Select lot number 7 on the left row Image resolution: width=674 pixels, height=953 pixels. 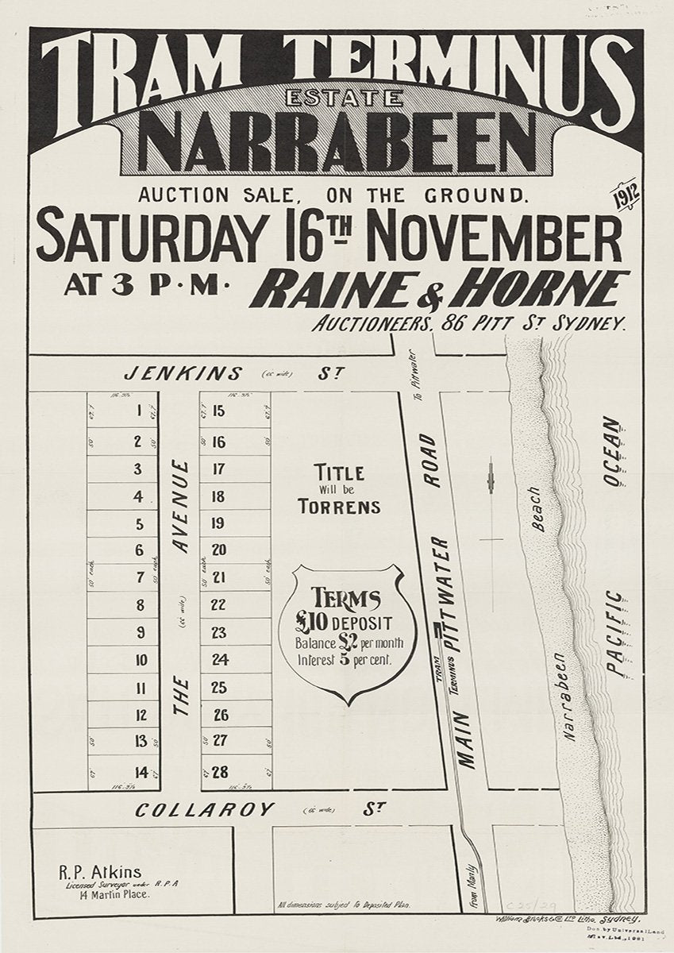click(140, 577)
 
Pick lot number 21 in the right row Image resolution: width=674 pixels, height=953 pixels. click(219, 577)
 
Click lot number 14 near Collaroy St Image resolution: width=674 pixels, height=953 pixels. click(141, 771)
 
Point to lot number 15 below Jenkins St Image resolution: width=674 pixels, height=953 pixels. click(219, 411)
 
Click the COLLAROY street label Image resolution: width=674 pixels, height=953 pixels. click(205, 810)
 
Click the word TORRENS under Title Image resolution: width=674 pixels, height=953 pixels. click(340, 507)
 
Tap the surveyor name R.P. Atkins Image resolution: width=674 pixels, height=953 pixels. click(99, 871)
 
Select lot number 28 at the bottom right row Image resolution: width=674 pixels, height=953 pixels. click(220, 771)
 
